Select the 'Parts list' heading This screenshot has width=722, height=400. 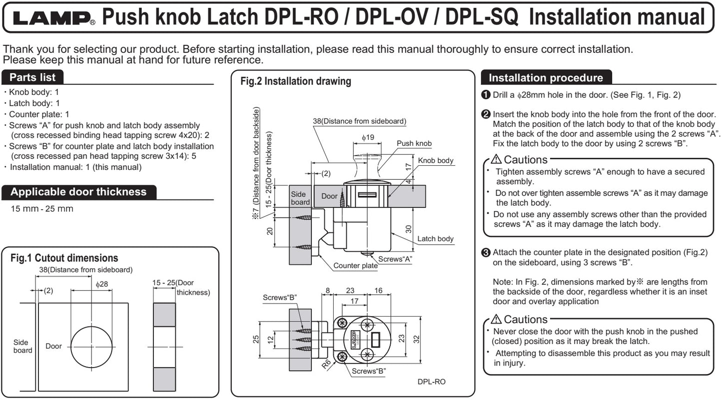coord(33,77)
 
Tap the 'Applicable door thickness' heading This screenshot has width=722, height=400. coord(78,192)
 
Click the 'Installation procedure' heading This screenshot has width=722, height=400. coord(546,78)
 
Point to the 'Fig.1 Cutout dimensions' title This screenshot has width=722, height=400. coord(64,258)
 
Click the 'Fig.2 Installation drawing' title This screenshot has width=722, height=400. coord(295,81)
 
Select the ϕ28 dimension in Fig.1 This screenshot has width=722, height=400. coord(101,284)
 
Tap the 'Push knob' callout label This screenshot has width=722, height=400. coord(414,143)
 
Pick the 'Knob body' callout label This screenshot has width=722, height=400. coord(436,160)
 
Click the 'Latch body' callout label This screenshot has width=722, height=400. coord(435,239)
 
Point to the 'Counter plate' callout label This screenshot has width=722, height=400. coord(355,266)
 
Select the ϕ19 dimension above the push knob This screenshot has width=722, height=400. coord(368,137)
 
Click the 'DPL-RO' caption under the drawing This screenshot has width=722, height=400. coord(431,382)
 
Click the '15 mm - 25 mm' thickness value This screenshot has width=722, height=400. coord(42,208)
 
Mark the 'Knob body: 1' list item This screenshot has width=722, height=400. coord(33,92)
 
